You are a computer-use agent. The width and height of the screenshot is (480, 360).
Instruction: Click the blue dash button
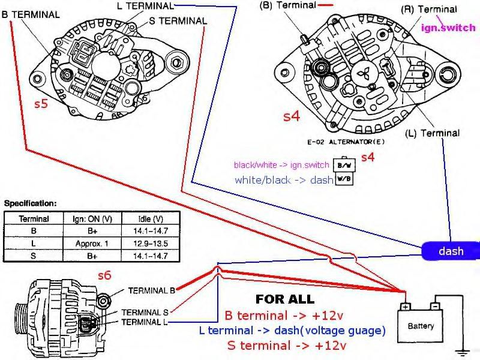pyautogui.click(x=451, y=251)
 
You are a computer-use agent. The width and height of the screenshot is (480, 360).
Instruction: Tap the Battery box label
pyautogui.click(x=421, y=326)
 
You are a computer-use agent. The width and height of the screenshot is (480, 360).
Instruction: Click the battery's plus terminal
pyautogui.click(x=406, y=307)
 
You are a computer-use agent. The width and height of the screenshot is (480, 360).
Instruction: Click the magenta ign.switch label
pyautogui.click(x=448, y=28)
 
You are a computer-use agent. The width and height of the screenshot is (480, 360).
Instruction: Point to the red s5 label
pyautogui.click(x=40, y=103)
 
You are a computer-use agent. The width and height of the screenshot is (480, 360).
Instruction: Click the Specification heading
pyautogui.click(x=30, y=203)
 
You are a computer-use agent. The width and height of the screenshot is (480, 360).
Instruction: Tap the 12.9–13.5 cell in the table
pyautogui.click(x=145, y=244)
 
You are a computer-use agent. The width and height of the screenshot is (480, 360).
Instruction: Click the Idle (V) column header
pyautogui.click(x=145, y=218)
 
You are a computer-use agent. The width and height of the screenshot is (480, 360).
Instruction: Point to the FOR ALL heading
pyautogui.click(x=284, y=298)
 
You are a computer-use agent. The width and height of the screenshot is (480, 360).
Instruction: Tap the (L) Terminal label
pyautogui.click(x=433, y=133)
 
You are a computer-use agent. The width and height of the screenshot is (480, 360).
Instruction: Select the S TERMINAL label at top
pyautogui.click(x=178, y=21)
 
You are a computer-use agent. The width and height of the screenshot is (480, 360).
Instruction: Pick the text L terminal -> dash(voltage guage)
pyautogui.click(x=305, y=331)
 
